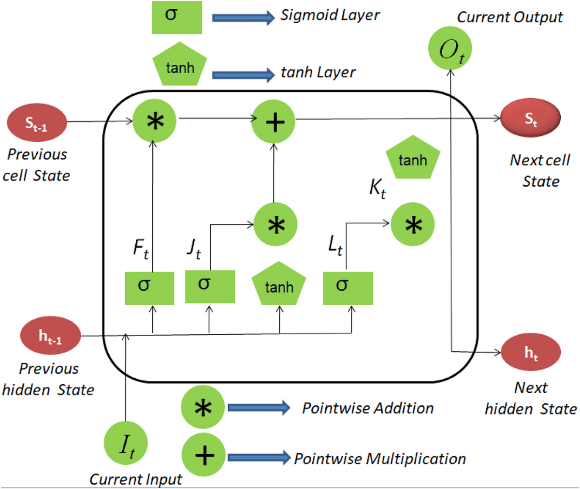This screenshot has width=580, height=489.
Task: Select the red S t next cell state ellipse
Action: [x=530, y=119]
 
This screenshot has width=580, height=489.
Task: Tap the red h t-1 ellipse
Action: [x=50, y=335]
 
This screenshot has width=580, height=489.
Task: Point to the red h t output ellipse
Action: [x=531, y=353]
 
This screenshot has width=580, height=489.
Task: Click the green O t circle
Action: [x=450, y=48]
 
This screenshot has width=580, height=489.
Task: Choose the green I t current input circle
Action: [x=126, y=444]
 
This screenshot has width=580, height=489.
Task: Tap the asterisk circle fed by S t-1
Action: [x=154, y=121]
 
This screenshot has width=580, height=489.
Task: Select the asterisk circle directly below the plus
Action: [x=275, y=224]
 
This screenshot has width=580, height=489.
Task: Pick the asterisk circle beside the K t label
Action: [x=413, y=224]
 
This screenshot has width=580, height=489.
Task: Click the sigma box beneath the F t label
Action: [x=149, y=288]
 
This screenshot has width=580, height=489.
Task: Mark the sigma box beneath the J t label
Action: [x=210, y=286]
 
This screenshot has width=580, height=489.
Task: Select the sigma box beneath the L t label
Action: [x=348, y=288]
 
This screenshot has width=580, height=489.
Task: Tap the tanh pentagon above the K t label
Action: [x=413, y=158]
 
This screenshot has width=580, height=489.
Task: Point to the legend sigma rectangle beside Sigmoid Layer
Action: [x=177, y=17]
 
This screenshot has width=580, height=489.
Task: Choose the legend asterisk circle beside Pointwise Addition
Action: [x=203, y=407]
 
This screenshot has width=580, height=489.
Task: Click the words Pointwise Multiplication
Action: [x=380, y=458]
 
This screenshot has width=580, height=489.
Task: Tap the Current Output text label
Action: [x=510, y=17]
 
